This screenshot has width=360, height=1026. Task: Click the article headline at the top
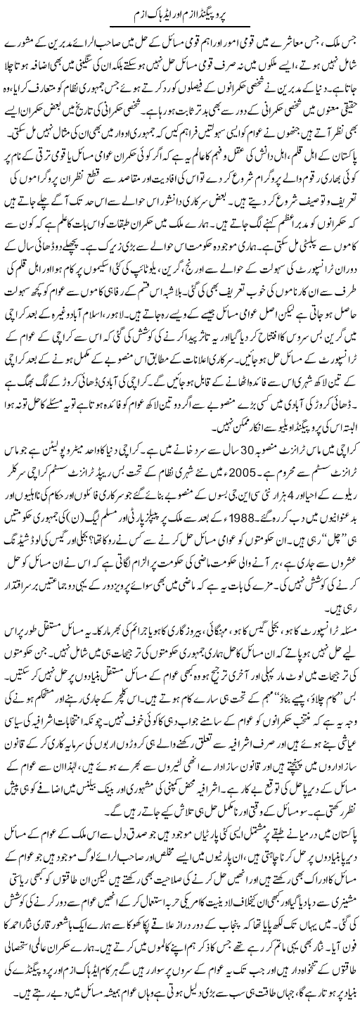pos(180,13)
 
